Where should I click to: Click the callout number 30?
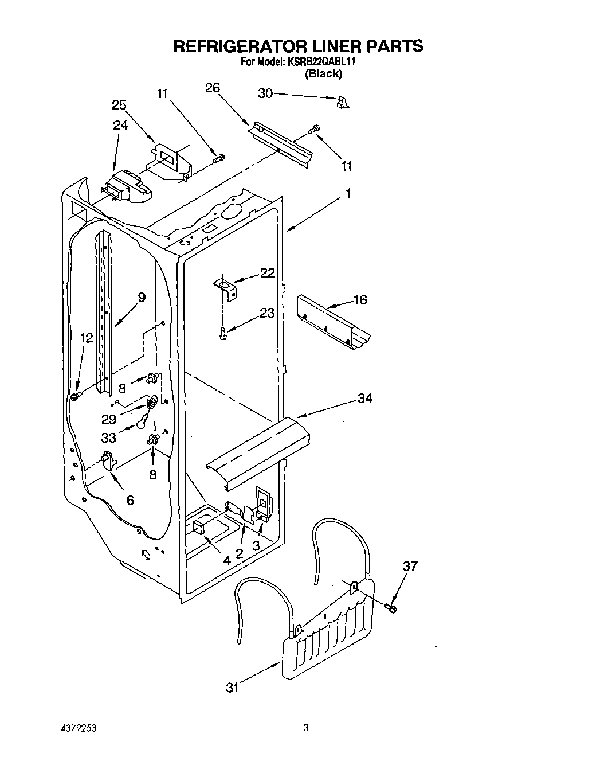click(x=265, y=93)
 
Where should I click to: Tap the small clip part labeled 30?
click(x=342, y=102)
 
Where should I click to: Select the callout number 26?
click(x=213, y=88)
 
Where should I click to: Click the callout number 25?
click(x=119, y=105)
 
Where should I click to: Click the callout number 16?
click(x=360, y=300)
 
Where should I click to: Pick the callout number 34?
click(x=364, y=398)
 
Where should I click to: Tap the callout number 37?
click(x=410, y=567)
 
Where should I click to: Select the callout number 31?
click(x=232, y=688)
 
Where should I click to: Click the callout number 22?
click(x=267, y=273)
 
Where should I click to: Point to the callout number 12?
click(x=86, y=338)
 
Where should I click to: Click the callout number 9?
click(x=141, y=297)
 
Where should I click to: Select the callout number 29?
click(x=109, y=419)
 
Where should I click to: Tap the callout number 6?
click(x=130, y=501)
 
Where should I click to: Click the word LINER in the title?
click(x=322, y=46)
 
